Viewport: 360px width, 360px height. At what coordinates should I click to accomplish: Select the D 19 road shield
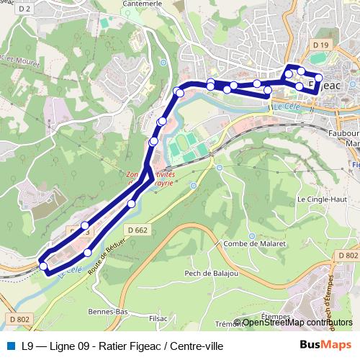tap(320, 45)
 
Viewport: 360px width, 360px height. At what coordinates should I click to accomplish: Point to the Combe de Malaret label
tap(256, 244)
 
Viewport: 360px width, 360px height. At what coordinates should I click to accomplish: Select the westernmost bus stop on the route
tap(43, 266)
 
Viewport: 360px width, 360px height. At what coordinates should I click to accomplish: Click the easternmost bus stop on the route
tap(339, 78)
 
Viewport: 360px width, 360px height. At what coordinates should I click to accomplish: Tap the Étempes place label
tap(275, 315)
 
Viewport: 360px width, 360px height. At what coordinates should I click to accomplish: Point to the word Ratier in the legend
tap(117, 346)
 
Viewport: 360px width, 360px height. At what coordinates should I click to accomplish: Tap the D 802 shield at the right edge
tap(348, 256)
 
